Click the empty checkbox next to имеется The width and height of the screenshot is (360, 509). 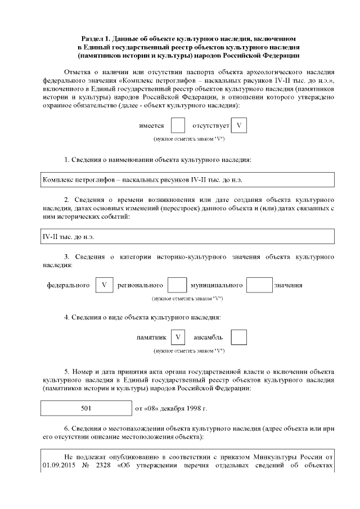pyautogui.click(x=178, y=126)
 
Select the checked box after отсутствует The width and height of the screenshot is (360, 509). pyautogui.click(x=239, y=126)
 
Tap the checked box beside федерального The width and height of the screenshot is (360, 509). pyautogui.click(x=104, y=285)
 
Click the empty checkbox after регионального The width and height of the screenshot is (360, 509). pyautogui.click(x=177, y=285)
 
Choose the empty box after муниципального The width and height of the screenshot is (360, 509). pyautogui.click(x=259, y=285)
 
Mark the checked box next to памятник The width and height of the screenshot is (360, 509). pyautogui.click(x=178, y=337)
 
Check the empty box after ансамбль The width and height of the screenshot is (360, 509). pyautogui.click(x=239, y=337)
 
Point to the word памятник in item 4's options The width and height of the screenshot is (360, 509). pyautogui.click(x=151, y=337)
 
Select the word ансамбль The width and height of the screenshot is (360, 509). pyautogui.click(x=208, y=337)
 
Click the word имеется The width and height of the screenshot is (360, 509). pyautogui.click(x=151, y=126)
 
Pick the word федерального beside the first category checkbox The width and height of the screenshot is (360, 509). pyautogui.click(x=68, y=285)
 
